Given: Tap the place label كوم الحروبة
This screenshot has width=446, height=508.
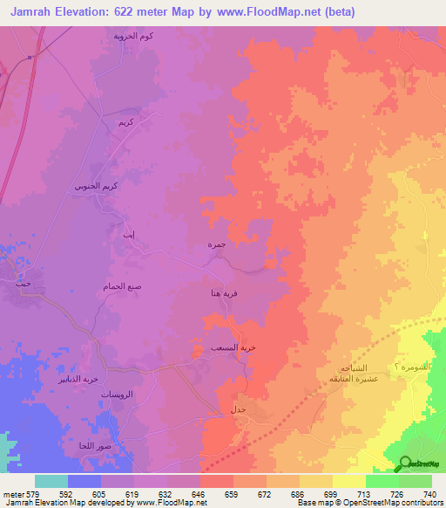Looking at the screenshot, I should pos(133,37).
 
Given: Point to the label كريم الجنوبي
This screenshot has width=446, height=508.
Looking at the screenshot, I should pos(92,186).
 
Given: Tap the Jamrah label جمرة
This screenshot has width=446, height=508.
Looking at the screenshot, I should pos(216,245).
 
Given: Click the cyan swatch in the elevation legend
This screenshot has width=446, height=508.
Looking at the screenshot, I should pos(51,481).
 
